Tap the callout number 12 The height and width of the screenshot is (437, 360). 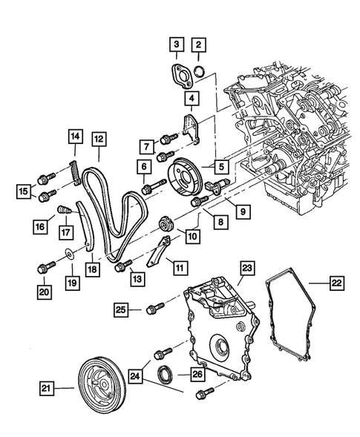tap(99, 137)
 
